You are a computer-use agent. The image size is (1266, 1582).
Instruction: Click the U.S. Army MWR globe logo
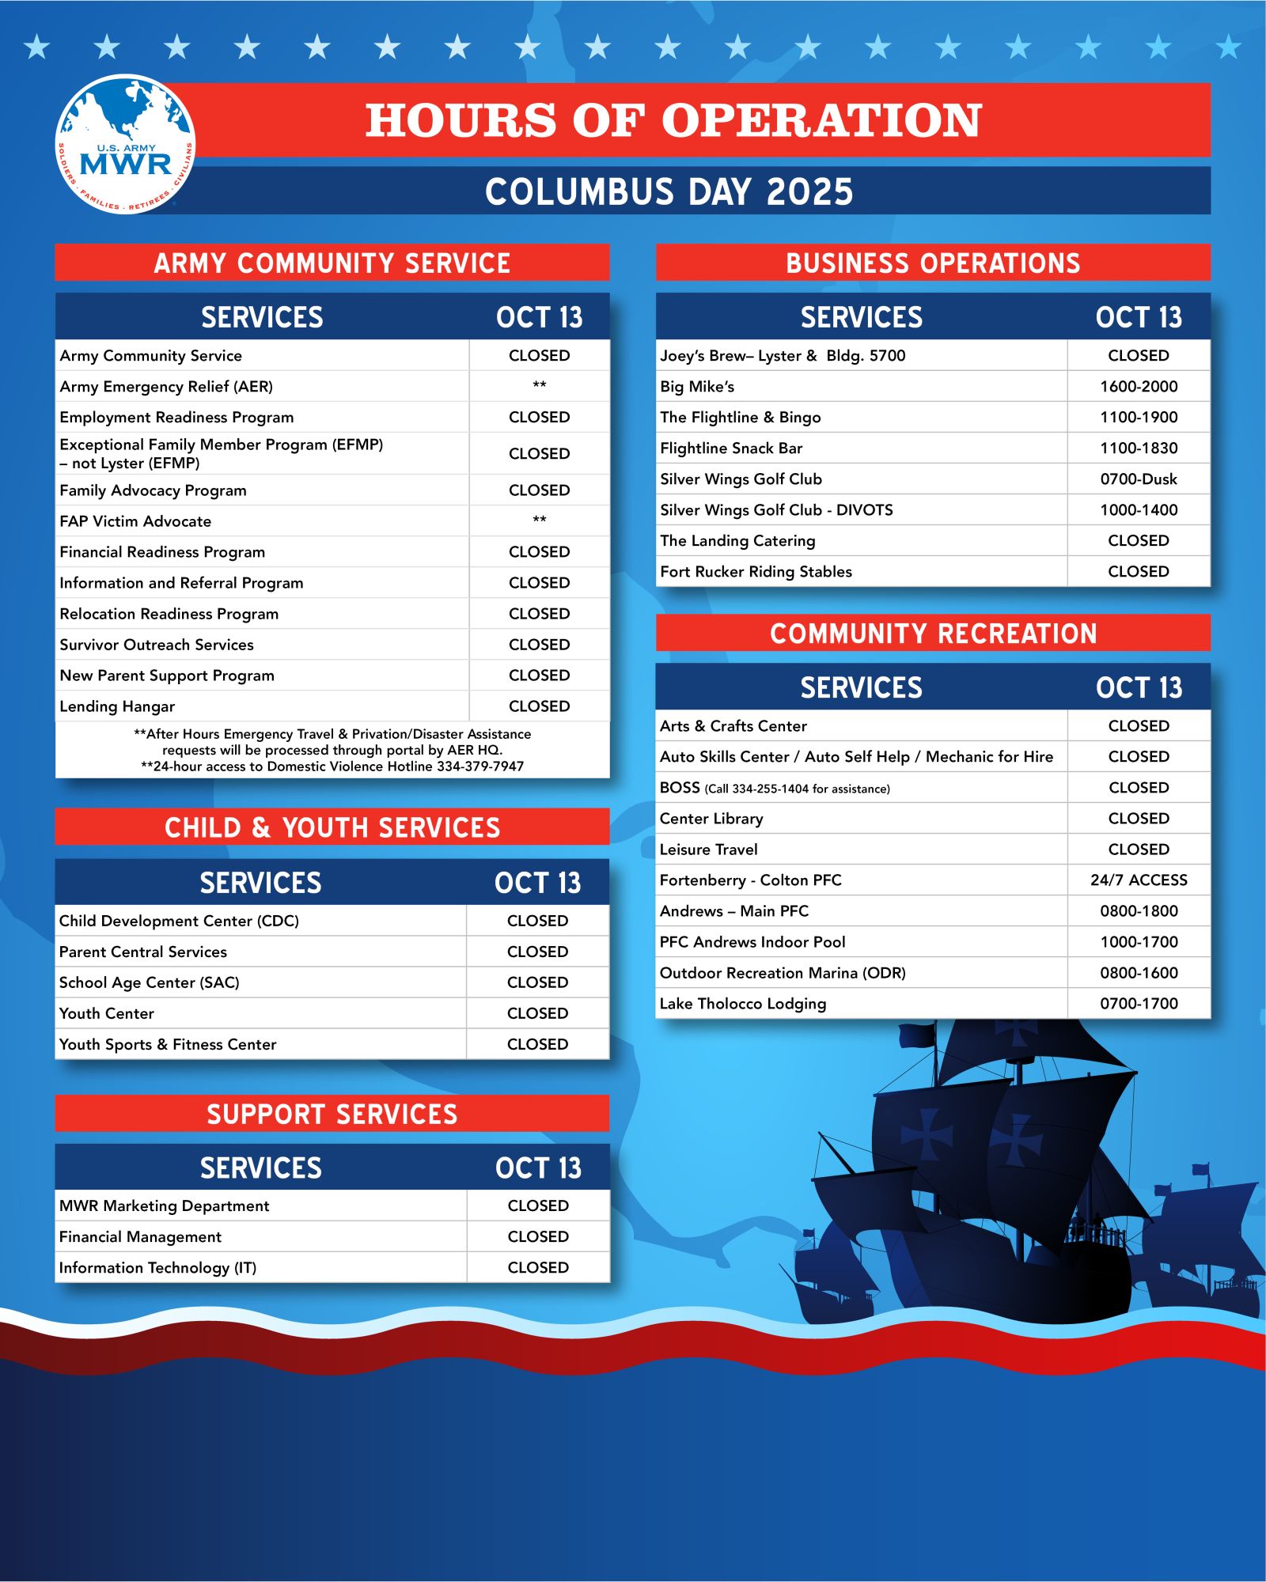pyautogui.click(x=125, y=144)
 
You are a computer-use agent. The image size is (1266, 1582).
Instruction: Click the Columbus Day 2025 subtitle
pyautogui.click(x=669, y=191)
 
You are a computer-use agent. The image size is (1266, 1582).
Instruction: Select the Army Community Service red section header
pyautogui.click(x=332, y=263)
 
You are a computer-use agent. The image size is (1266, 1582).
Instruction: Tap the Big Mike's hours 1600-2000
pyautogui.click(x=1138, y=387)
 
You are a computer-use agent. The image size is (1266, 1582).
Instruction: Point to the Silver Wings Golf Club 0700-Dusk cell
pyautogui.click(x=1138, y=479)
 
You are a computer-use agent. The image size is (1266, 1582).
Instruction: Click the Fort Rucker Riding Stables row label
pyautogui.click(x=756, y=572)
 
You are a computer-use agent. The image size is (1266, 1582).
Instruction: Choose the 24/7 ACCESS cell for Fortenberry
pyautogui.click(x=1138, y=880)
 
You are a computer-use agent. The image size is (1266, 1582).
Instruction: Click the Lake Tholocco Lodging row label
pyautogui.click(x=742, y=1004)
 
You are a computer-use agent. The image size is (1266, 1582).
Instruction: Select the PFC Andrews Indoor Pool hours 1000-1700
pyautogui.click(x=1138, y=942)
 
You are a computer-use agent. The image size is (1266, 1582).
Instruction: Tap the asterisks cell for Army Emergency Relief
pyautogui.click(x=539, y=386)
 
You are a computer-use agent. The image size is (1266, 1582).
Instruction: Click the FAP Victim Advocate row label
pyautogui.click(x=135, y=521)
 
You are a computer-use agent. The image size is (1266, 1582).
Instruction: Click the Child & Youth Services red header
pyautogui.click(x=332, y=827)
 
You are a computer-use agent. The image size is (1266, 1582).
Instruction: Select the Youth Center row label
pyautogui.click(x=107, y=1013)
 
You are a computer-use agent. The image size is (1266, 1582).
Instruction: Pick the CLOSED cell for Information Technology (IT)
pyautogui.click(x=538, y=1267)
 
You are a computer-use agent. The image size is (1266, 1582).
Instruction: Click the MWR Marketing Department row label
pyautogui.click(x=164, y=1205)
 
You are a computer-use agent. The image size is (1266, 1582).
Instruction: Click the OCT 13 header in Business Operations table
pyautogui.click(x=1138, y=317)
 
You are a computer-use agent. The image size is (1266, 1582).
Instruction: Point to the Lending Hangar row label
pyautogui.click(x=117, y=706)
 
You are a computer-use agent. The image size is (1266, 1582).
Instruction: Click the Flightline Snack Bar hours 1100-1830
pyautogui.click(x=1138, y=448)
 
